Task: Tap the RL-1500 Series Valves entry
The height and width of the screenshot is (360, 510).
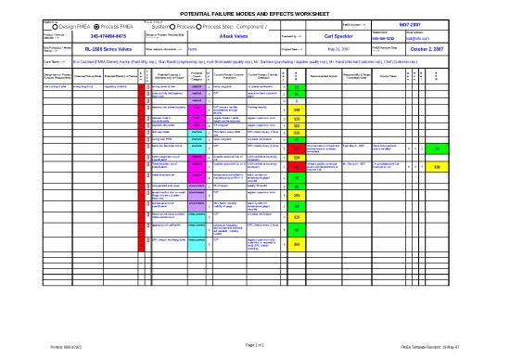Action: [92, 52]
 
